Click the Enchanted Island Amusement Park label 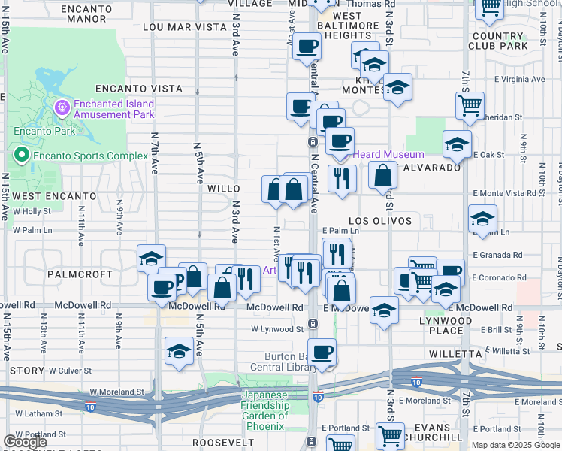tap(113, 109)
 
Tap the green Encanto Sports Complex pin tap(22, 156)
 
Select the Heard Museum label tap(388, 154)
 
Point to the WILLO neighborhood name tap(224, 189)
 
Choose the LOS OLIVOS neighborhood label tap(380, 221)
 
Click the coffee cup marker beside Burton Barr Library tap(322, 352)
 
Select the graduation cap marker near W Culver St tap(179, 351)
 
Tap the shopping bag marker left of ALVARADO tap(383, 176)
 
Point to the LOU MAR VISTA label tap(184, 27)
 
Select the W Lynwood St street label tap(277, 328)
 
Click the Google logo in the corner tap(25, 442)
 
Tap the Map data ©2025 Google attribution tap(515, 445)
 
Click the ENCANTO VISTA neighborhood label tap(138, 89)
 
